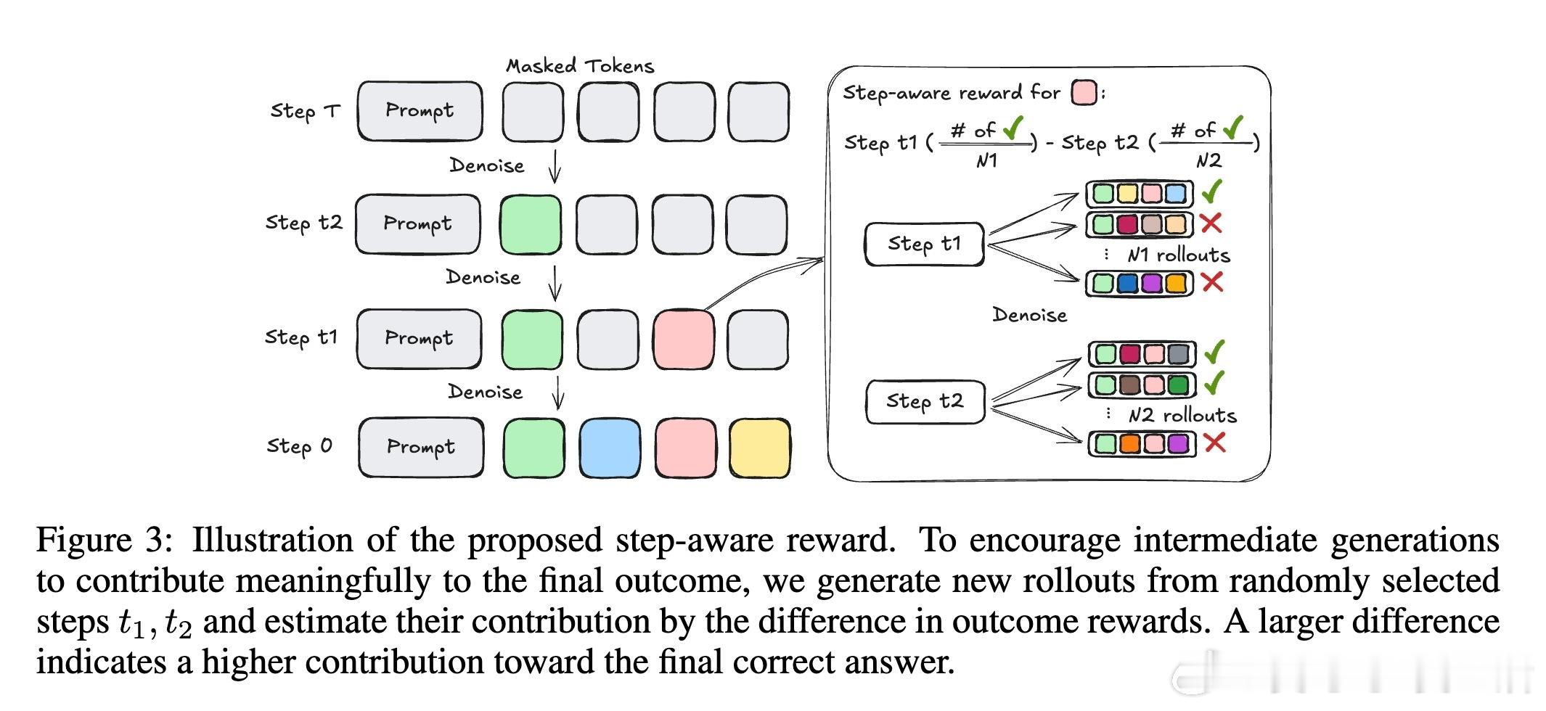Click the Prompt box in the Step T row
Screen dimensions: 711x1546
[x=420, y=111]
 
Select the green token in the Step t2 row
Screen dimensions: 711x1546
[x=531, y=223]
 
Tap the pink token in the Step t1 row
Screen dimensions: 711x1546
[x=683, y=339]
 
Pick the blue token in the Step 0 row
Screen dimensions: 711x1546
[x=610, y=447]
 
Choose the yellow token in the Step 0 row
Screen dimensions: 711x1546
[x=759, y=447]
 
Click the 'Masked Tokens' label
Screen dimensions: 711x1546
[x=580, y=66]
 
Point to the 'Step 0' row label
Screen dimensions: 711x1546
[x=299, y=446]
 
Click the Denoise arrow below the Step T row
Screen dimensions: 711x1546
[x=555, y=166]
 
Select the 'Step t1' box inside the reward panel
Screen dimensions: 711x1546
[x=924, y=244]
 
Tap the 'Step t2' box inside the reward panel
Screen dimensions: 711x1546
[x=925, y=401]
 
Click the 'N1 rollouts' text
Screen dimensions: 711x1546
[x=1179, y=255]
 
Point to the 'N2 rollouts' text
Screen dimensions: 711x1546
[x=1182, y=415]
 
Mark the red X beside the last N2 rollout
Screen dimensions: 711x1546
[x=1215, y=443]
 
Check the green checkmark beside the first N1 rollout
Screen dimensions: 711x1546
[x=1212, y=192]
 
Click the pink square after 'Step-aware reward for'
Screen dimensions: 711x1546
[x=1084, y=93]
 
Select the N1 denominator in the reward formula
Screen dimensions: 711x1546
[x=986, y=160]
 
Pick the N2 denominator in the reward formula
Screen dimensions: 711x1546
[x=1208, y=160]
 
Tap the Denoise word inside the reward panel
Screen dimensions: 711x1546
[x=1029, y=315]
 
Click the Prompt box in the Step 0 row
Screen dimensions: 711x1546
[x=421, y=447]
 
